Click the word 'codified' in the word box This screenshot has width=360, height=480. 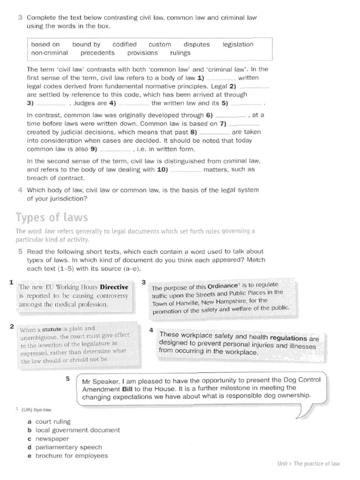coord(124,45)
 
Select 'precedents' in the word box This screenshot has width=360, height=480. coord(97,53)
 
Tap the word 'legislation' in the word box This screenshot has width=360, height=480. coord(238,45)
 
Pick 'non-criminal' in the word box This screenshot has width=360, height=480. coord(49,53)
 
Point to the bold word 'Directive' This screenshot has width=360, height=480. coord(114,287)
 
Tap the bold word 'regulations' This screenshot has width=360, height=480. coord(288,337)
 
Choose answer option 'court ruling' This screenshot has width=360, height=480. coord(53,422)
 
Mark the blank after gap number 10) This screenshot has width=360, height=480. coord(185,170)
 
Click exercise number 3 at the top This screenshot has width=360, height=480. coord(20,17)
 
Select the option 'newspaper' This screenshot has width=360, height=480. coord(52,439)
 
